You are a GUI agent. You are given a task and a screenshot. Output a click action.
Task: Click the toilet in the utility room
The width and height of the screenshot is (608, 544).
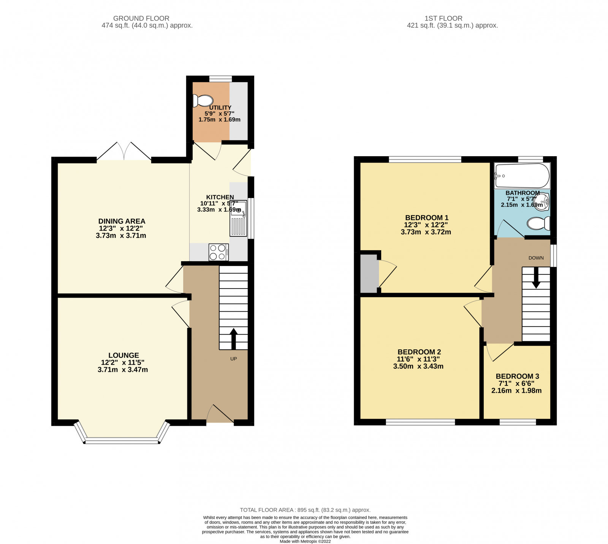tap(203, 101)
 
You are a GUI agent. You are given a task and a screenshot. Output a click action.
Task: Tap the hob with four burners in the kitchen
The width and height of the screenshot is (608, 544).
tap(218, 252)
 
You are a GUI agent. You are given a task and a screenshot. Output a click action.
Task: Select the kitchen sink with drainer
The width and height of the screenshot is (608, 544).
tap(239, 219)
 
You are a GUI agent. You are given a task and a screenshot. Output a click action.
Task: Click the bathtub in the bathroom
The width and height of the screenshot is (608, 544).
tap(522, 176)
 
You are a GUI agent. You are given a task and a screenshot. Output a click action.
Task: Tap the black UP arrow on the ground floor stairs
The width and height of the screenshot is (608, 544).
tap(233, 338)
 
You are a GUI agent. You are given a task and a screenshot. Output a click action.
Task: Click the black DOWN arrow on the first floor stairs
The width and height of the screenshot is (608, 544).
tap(536, 278)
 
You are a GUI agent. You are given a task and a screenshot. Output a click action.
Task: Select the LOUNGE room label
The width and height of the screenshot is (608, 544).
tap(123, 355)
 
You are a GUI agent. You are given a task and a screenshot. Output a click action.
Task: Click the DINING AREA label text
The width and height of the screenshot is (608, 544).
tap(122, 221)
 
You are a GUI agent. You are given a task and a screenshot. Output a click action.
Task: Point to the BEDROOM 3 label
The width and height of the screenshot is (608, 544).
tap(517, 376)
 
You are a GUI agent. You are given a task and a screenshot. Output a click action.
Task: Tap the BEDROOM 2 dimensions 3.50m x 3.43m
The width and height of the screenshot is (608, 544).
tap(418, 366)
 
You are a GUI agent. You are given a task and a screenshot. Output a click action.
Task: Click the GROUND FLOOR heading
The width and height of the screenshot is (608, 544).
tap(141, 18)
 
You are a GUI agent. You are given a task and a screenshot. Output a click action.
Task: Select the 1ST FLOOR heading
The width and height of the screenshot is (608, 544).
tap(443, 18)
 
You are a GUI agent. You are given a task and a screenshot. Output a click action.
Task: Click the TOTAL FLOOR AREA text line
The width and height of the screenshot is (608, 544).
tap(305, 510)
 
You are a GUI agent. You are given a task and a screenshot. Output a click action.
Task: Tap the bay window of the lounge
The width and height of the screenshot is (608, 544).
tap(122, 440)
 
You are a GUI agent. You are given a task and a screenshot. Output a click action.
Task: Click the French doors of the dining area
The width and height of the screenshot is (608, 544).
tap(124, 152)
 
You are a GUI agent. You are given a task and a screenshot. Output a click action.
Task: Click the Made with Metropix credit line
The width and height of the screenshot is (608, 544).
tap(305, 541)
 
